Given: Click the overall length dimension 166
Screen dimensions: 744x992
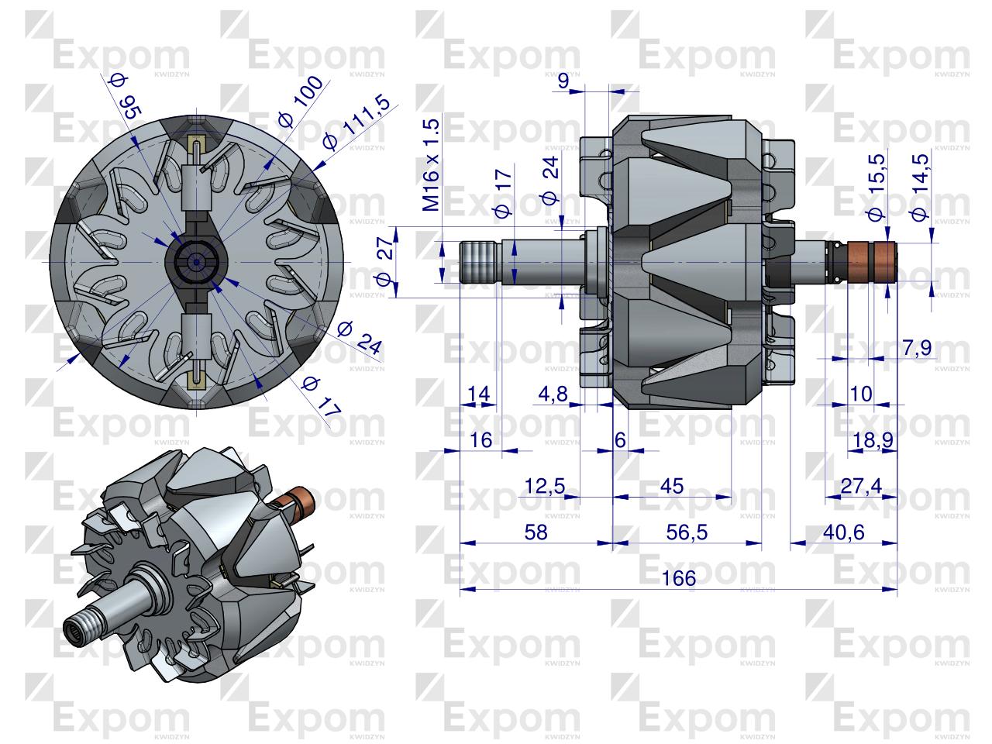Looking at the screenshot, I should (679, 578).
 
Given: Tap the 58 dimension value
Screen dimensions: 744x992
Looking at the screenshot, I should (536, 532).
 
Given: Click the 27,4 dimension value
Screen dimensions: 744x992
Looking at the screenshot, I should (861, 486).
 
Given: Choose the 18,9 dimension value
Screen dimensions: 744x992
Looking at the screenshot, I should (873, 440).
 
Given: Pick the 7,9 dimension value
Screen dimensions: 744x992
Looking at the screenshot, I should (917, 349).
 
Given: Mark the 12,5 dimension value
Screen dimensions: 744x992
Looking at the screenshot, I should (545, 486).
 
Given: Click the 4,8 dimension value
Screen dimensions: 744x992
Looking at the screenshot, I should (553, 394).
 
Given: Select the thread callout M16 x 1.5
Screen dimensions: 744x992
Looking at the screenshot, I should (432, 165).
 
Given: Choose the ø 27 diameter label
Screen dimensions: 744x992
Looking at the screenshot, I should (385, 263).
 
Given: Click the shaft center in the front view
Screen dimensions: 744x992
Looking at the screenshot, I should (196, 263).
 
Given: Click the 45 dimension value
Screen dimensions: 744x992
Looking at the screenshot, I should (672, 486).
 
